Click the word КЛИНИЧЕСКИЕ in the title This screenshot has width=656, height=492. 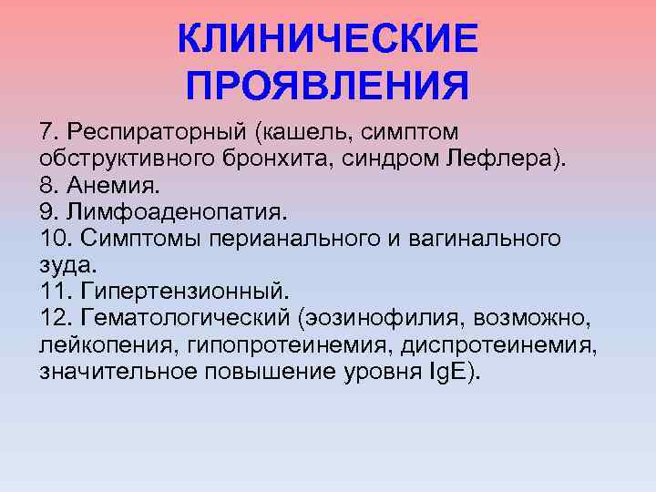click(x=327, y=39)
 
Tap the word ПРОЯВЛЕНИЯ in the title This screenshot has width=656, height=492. click(x=327, y=87)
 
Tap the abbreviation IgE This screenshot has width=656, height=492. click(x=450, y=372)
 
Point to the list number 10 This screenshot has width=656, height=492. click(x=55, y=240)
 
